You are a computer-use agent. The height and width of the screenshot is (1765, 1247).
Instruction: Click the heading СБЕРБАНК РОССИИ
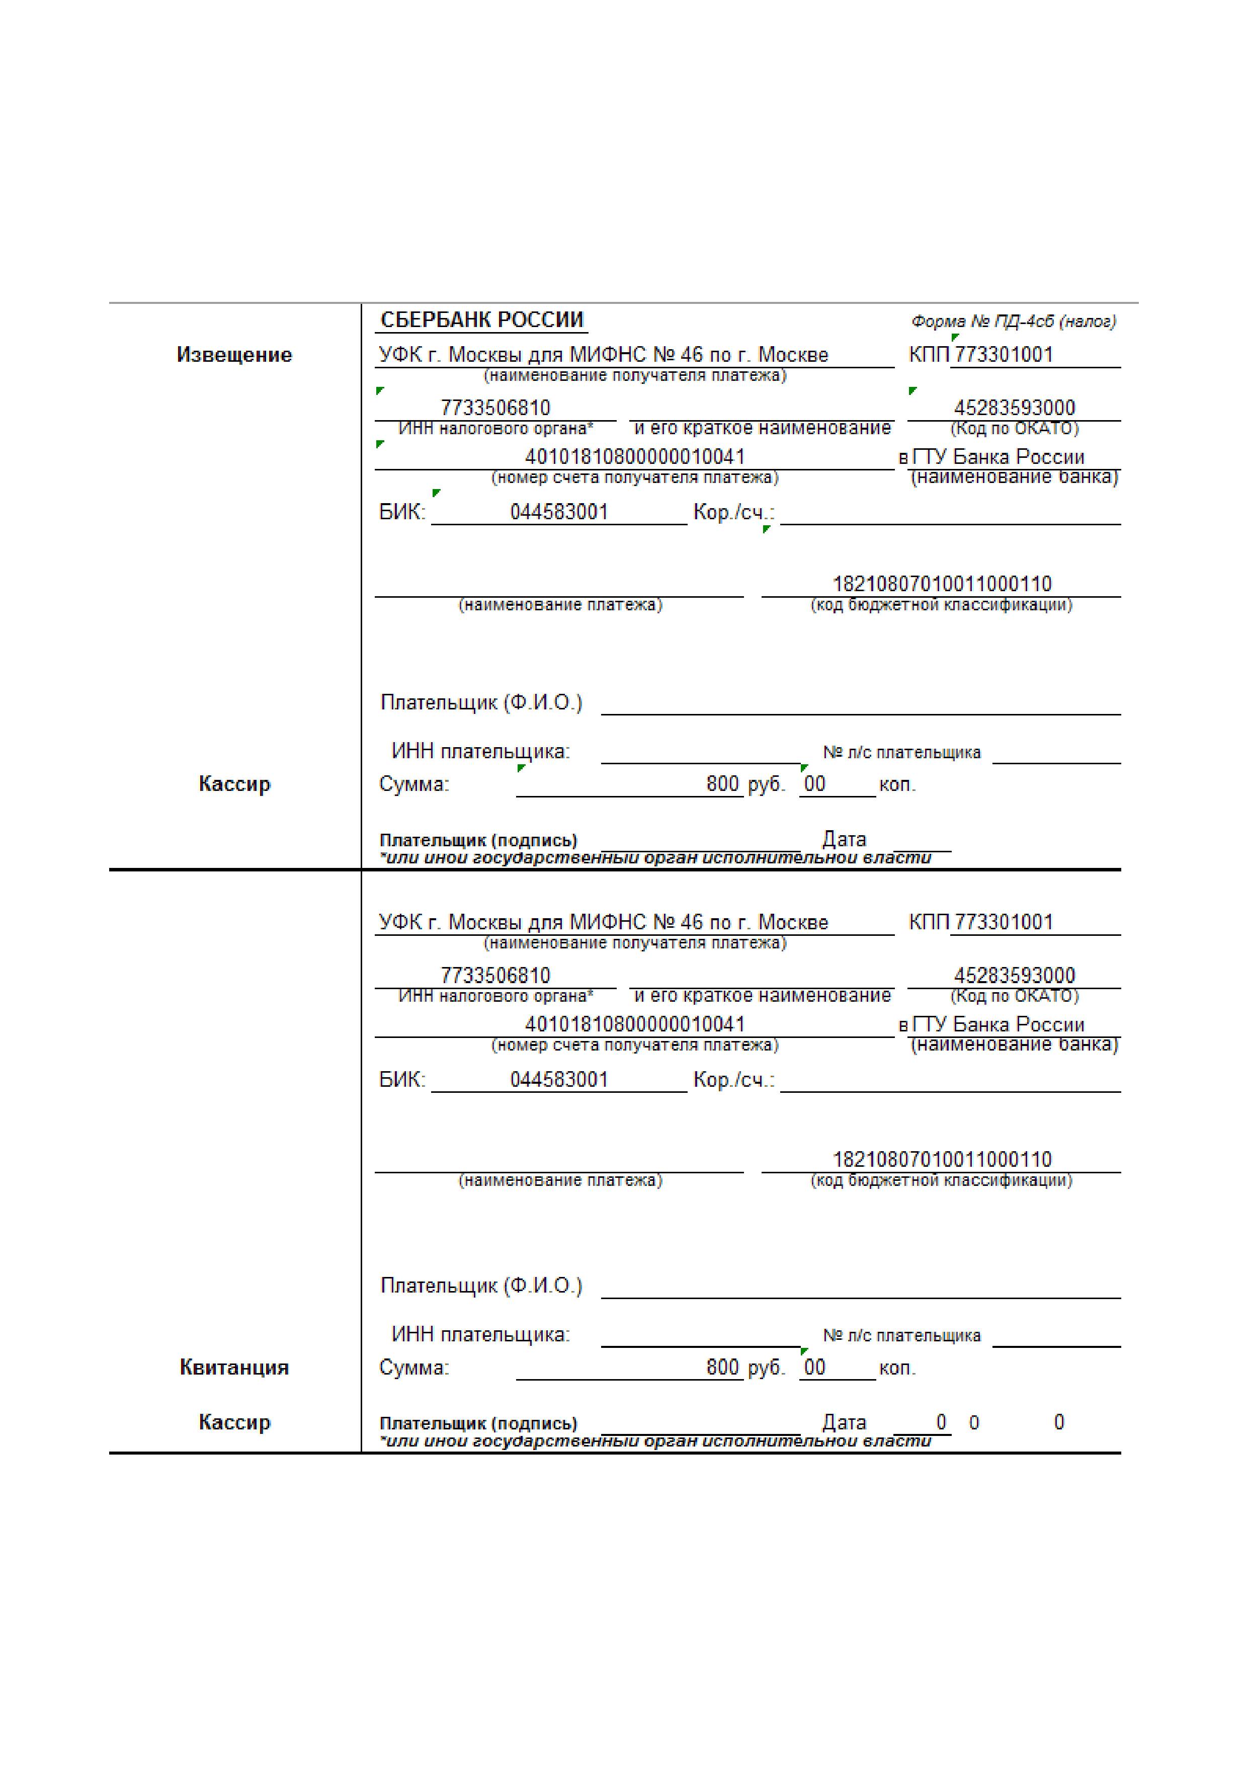(x=482, y=320)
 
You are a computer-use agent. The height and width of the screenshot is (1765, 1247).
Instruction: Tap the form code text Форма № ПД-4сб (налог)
(x=1013, y=322)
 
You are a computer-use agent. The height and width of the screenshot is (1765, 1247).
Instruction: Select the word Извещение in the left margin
(x=234, y=355)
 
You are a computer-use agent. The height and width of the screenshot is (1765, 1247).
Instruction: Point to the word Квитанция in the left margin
(x=234, y=1367)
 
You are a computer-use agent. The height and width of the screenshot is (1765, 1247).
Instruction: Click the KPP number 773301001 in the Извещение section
(x=1004, y=355)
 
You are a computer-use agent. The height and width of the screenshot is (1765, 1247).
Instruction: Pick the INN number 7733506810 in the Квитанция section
(x=495, y=976)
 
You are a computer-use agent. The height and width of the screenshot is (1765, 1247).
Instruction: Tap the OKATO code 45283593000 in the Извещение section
(x=1014, y=408)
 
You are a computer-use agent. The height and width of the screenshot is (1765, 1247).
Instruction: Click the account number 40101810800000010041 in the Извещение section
(x=635, y=457)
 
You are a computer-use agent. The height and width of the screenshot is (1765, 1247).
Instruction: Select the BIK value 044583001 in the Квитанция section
(x=558, y=1079)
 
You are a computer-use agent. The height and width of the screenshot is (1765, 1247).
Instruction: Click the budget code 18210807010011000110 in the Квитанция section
(x=942, y=1159)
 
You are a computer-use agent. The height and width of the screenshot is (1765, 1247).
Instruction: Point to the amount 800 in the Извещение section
(x=722, y=784)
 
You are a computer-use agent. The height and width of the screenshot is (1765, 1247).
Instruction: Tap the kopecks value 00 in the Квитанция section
(x=814, y=1367)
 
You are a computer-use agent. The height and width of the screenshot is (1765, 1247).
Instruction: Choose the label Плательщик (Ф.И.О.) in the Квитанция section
(x=481, y=1286)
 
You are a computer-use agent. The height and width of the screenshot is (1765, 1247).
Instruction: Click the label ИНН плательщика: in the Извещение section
(x=480, y=752)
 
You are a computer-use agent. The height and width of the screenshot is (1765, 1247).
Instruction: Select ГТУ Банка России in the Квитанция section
(x=998, y=1025)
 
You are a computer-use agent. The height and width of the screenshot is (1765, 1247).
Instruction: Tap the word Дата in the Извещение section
(x=844, y=839)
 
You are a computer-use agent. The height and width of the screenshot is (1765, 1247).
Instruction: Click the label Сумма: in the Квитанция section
(x=414, y=1368)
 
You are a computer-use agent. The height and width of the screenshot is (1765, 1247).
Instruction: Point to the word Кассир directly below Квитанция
(x=234, y=1422)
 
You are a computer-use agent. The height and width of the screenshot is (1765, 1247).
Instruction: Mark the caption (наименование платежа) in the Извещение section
(x=560, y=605)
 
